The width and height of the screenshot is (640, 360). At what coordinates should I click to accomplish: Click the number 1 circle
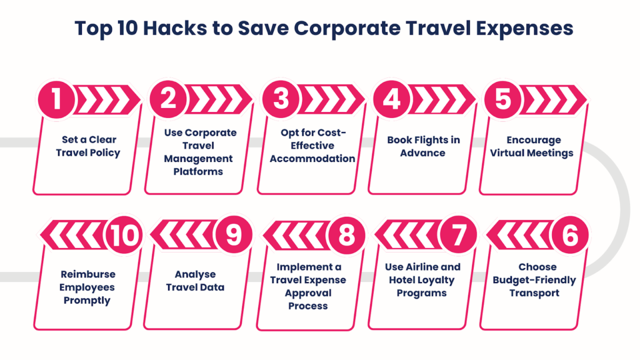(57, 100)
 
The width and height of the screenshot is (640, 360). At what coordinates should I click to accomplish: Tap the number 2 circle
(168, 100)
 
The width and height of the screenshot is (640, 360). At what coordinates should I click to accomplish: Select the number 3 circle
(281, 100)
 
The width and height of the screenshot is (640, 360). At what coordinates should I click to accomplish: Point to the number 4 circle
(391, 100)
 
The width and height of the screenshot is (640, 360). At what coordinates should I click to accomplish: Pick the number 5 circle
(502, 100)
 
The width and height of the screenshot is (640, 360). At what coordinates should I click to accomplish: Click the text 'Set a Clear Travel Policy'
(88, 146)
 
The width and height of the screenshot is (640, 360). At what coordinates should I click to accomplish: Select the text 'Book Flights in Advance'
(423, 146)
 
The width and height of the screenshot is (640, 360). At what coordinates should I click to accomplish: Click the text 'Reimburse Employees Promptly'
(87, 287)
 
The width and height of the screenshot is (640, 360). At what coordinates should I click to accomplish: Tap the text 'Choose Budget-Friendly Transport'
(534, 280)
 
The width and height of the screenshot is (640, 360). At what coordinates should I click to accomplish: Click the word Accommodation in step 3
(312, 159)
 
